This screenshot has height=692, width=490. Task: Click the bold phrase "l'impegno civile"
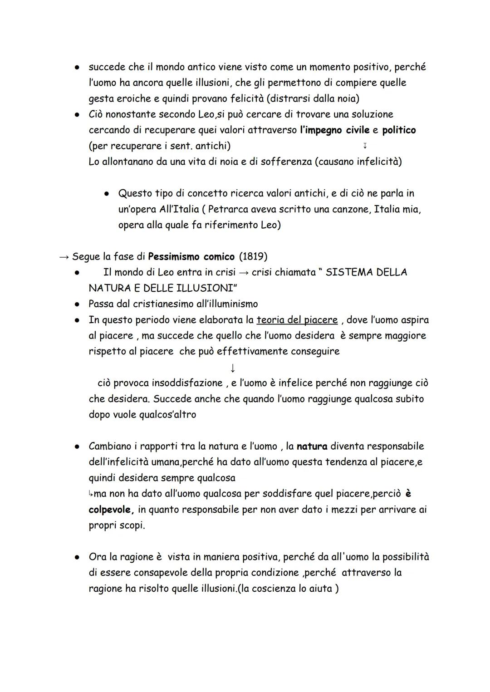coord(334,130)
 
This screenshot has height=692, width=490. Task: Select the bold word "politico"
coord(399,130)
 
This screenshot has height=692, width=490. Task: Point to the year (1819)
coord(253,257)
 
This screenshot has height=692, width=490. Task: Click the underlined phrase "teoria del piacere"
coord(297,320)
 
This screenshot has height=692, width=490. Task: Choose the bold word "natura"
coord(312,446)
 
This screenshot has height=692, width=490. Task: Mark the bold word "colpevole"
coord(111,510)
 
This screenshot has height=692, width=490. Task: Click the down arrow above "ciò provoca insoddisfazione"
coord(232,367)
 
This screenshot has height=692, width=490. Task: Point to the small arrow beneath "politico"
coord(365,146)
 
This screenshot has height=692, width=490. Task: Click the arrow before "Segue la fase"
coord(64,257)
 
